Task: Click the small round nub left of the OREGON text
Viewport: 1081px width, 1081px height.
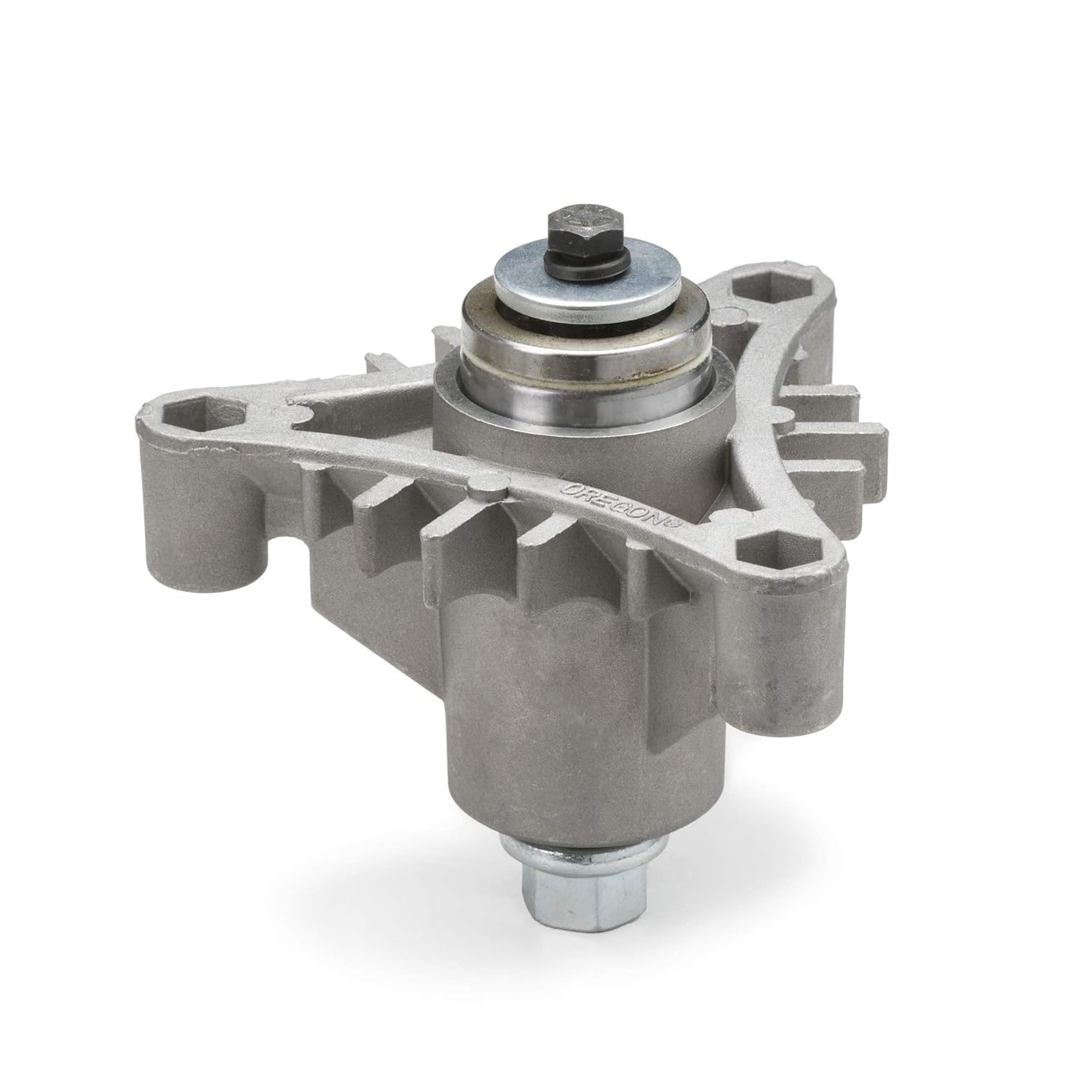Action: (x=490, y=487)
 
